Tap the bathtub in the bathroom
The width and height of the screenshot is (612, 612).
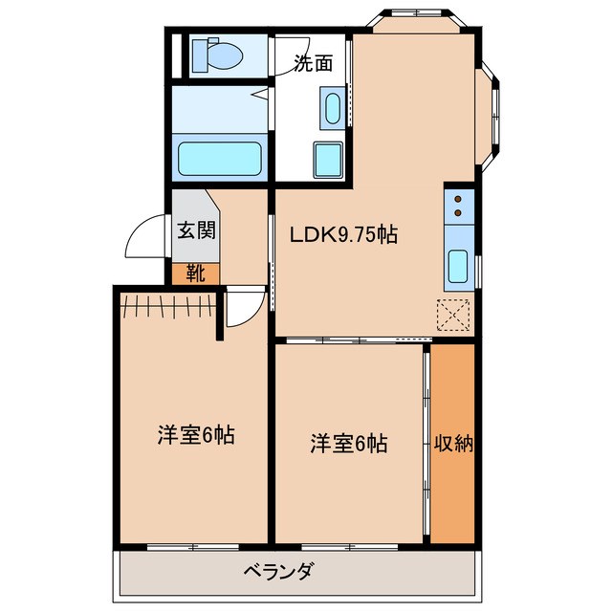pyautogui.click(x=221, y=157)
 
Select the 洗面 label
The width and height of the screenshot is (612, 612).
pyautogui.click(x=313, y=64)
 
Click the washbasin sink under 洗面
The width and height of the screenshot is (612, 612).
pyautogui.click(x=332, y=107)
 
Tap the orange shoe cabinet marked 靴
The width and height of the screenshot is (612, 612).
pyautogui.click(x=195, y=273)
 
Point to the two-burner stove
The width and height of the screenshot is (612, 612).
pyautogui.click(x=459, y=205)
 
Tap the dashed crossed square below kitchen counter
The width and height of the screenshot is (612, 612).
pyautogui.click(x=453, y=314)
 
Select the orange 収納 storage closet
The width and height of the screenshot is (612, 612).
pyautogui.click(x=452, y=443)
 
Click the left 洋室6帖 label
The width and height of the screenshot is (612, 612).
pyautogui.click(x=196, y=435)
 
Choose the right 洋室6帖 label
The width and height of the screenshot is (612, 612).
pyautogui.click(x=348, y=444)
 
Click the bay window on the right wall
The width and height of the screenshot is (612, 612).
pyautogui.click(x=492, y=115)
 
